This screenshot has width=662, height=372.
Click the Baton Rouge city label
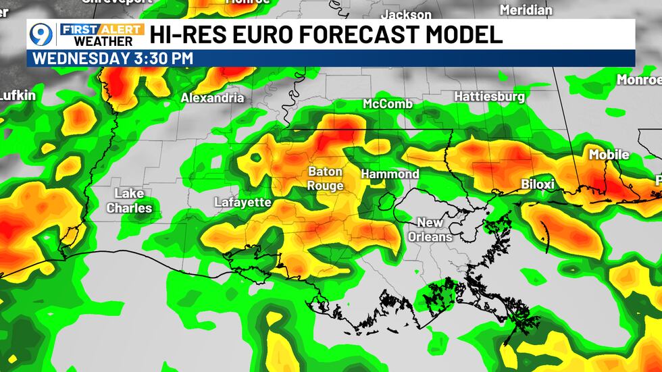point(326,178)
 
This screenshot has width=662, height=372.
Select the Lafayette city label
point(243,202)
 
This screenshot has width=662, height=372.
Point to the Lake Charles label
point(129,201)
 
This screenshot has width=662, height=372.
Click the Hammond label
point(390,174)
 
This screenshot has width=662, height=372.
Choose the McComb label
point(388,104)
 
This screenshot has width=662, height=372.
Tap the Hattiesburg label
point(489,97)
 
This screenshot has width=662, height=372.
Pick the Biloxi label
point(538,184)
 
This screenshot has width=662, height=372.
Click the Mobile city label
point(609,155)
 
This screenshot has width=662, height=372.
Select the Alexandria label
point(212,98)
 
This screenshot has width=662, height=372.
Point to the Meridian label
point(526,10)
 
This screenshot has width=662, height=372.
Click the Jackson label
point(406,14)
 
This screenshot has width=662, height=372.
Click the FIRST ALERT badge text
point(101,30)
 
